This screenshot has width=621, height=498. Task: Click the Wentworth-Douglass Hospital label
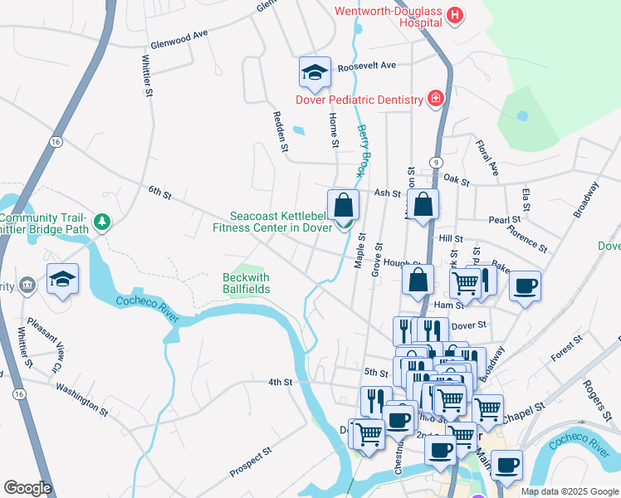(387, 17)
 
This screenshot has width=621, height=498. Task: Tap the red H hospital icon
(454, 15)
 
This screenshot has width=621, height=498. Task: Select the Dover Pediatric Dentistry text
(360, 100)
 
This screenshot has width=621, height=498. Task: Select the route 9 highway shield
(435, 161)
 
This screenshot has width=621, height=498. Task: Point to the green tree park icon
(101, 222)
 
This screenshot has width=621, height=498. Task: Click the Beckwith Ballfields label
(247, 283)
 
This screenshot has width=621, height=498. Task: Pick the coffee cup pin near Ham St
(525, 287)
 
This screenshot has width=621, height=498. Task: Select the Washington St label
(82, 398)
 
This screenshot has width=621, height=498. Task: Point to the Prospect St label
(251, 463)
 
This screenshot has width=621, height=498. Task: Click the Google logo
(27, 488)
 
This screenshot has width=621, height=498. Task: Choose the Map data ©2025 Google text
(569, 491)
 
